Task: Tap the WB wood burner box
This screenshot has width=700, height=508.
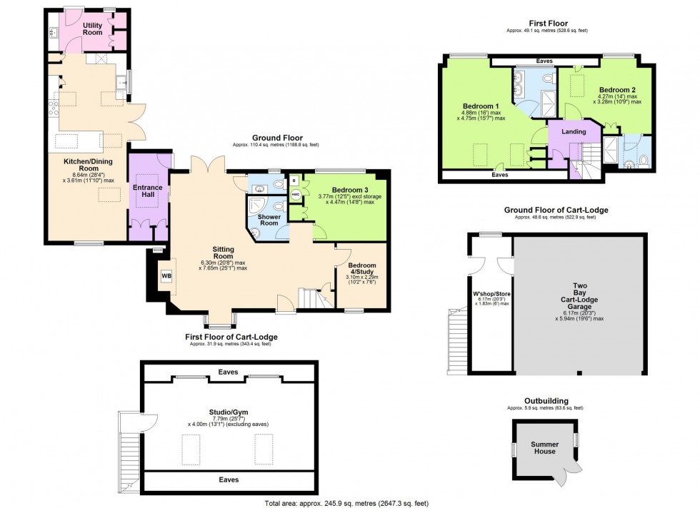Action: tap(166, 275)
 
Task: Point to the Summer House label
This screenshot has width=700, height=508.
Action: tap(544, 447)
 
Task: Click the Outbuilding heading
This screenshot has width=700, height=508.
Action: tap(544, 401)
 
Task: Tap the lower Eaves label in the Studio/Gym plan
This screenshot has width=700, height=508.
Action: tap(229, 479)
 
